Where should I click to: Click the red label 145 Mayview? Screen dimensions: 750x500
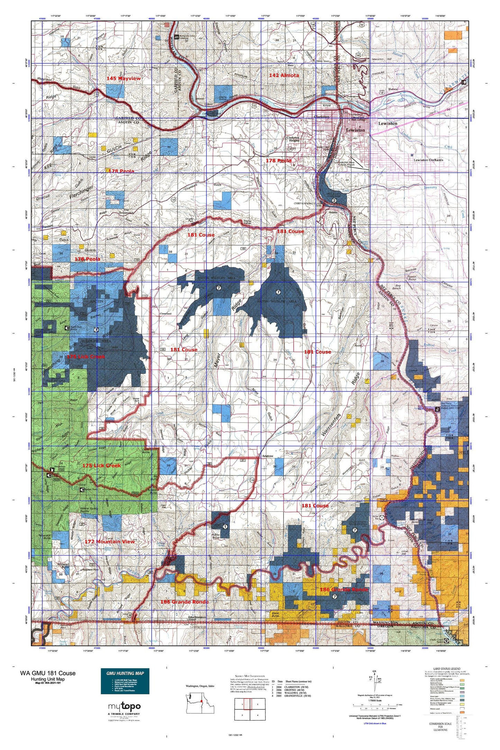click(124, 79)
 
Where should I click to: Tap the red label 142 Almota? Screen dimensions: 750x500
click(284, 75)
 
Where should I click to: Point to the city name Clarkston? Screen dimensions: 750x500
click(321, 117)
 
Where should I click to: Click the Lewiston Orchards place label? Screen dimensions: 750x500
click(428, 160)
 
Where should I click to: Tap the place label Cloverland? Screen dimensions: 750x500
click(165, 314)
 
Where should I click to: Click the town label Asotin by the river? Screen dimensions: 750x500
click(333, 212)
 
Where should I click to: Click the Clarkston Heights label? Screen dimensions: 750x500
click(293, 139)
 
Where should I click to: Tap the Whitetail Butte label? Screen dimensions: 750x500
click(63, 565)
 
